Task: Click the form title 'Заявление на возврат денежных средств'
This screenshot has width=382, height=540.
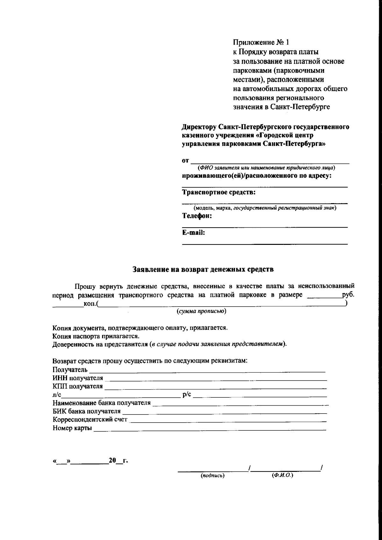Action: point(203,269)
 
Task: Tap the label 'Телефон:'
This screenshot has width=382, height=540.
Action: point(196,216)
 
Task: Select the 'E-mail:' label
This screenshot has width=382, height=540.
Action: point(193,233)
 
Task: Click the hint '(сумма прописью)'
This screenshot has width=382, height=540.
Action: point(202,311)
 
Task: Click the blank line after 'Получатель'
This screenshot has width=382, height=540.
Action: point(207,370)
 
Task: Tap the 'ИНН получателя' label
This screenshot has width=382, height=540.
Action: point(78,378)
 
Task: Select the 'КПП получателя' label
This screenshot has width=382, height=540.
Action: point(78,386)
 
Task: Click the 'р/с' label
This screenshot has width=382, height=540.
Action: point(187,394)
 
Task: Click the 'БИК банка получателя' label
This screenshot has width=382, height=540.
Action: point(87,411)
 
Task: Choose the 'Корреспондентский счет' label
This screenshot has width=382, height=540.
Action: point(90,419)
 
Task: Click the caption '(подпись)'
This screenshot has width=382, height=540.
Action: point(212,476)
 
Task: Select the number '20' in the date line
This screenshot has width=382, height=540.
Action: point(112,460)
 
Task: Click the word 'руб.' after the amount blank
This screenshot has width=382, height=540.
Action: point(348,295)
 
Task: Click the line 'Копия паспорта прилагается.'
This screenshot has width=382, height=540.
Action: point(96,336)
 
